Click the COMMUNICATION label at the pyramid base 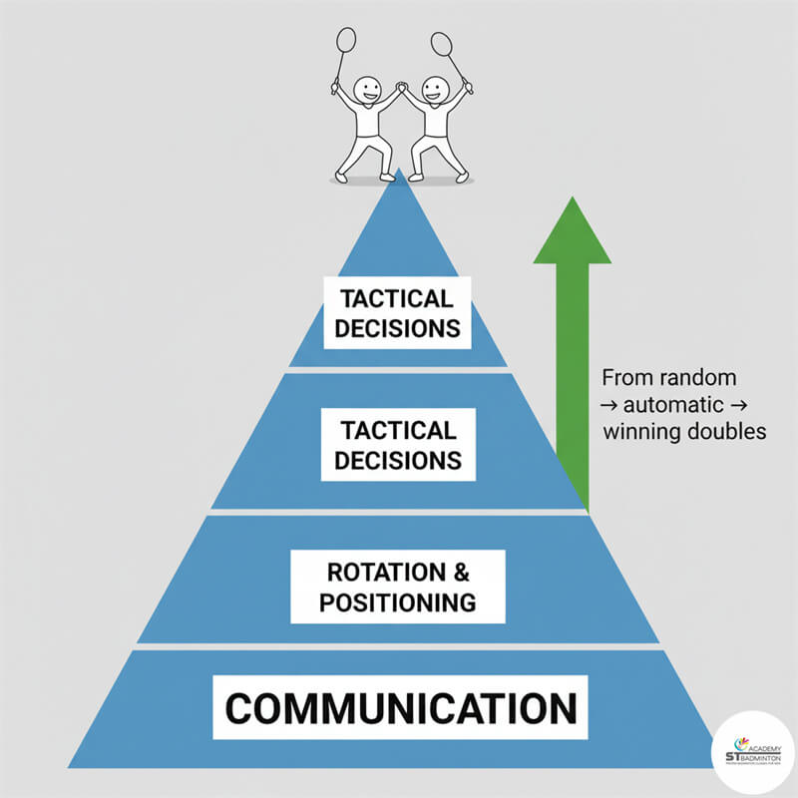coord(400,709)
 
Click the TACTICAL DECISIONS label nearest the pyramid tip coord(398,312)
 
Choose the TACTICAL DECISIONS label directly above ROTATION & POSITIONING coord(398,445)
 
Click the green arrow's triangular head coord(572,233)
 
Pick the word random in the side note coord(705,379)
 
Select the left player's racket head coord(346,40)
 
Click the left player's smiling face coord(367,89)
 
